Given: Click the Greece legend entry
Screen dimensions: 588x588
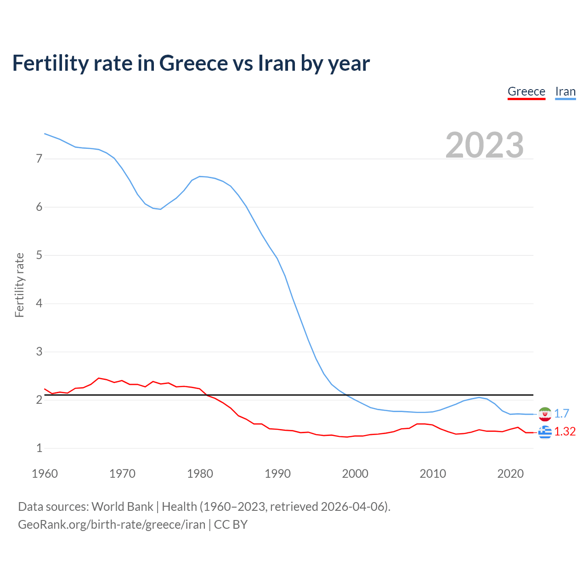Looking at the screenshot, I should tap(526, 91).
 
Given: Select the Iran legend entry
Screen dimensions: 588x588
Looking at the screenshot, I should tap(565, 91).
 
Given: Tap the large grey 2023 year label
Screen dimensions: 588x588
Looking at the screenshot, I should tap(484, 145).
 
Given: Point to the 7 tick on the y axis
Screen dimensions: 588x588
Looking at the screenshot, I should tap(39, 159).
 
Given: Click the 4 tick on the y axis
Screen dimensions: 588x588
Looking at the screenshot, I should tap(39, 304).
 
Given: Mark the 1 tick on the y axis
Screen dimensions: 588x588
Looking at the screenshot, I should tap(39, 448).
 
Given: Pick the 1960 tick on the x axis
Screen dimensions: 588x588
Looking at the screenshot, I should tap(45, 474).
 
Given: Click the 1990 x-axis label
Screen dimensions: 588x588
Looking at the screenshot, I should tap(277, 474).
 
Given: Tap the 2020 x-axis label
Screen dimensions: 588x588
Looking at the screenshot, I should tap(510, 474).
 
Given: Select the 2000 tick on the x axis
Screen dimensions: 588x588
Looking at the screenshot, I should tap(355, 474).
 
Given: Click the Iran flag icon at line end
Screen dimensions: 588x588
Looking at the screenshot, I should tap(545, 414).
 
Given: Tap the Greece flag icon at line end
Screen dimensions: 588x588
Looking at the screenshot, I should tap(545, 432).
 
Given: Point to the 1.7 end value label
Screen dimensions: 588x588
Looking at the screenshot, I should tap(561, 414).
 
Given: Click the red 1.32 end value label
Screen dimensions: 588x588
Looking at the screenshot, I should tap(565, 432).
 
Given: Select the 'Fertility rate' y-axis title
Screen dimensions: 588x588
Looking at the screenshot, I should tap(19, 285).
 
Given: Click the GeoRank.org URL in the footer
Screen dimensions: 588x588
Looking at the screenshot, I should tap(112, 525).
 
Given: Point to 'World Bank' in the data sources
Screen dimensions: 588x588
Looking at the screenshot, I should tap(122, 507).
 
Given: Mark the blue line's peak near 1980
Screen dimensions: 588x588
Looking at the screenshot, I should tap(200, 176).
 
